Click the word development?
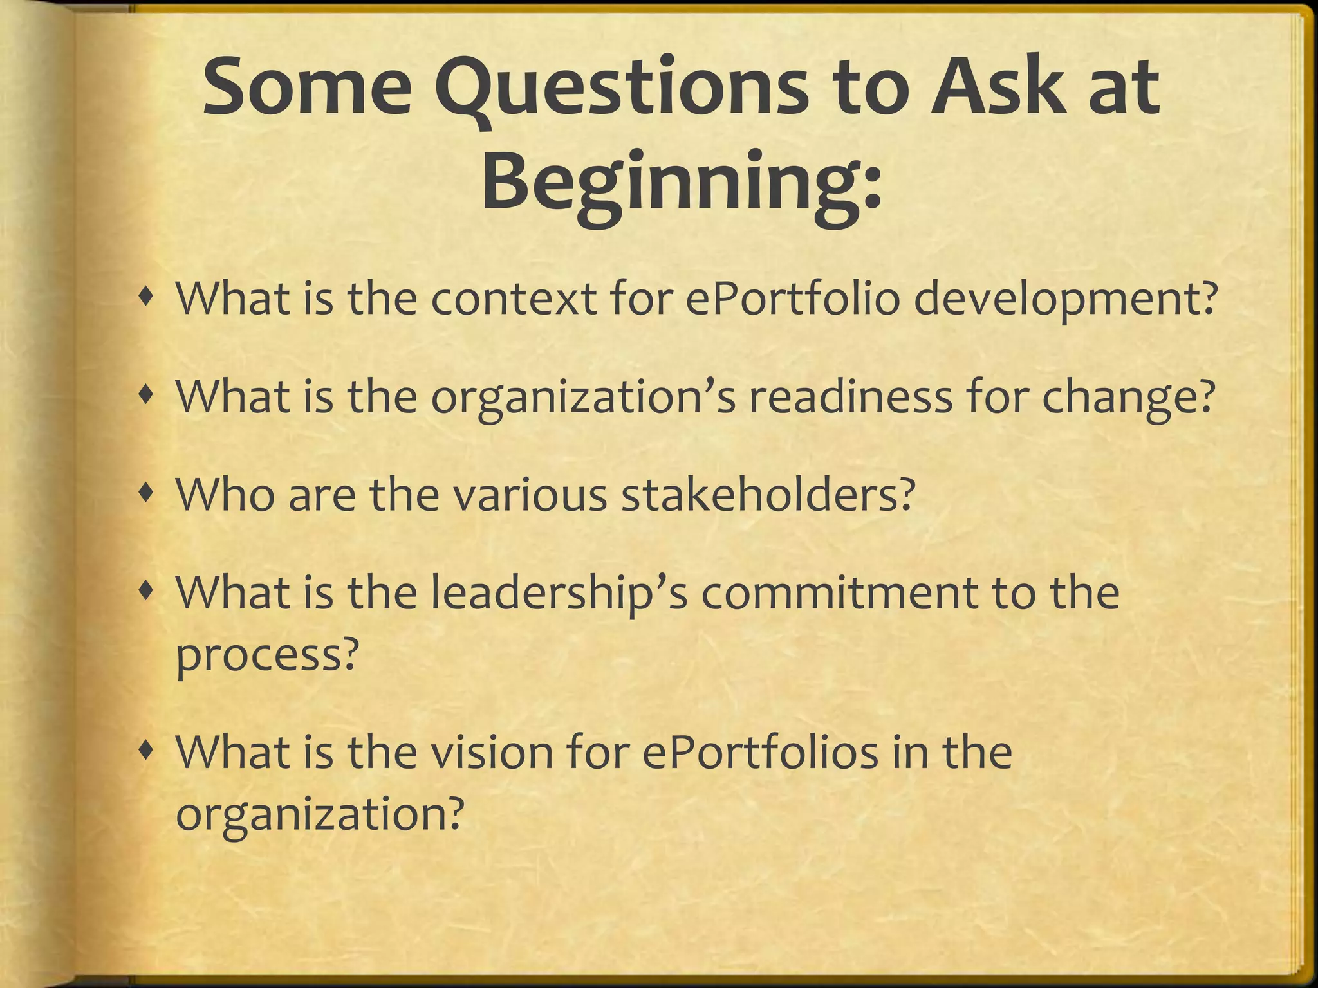pyautogui.click(x=1065, y=301)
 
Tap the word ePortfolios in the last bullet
pyautogui.click(x=760, y=753)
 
